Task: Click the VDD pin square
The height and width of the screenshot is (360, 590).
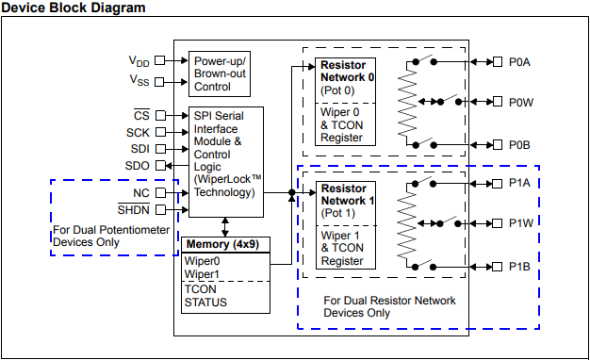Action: click(x=160, y=60)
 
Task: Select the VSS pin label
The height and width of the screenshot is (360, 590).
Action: click(x=139, y=80)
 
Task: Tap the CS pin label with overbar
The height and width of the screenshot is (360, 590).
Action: click(x=141, y=115)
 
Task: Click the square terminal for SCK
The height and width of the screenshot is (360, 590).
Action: click(x=160, y=132)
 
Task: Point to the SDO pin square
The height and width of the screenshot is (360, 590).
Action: click(x=160, y=165)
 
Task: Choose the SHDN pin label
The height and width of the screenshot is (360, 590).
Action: click(x=134, y=209)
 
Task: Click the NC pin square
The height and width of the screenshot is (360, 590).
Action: click(x=160, y=192)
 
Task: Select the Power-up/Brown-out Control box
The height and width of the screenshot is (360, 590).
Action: click(x=220, y=74)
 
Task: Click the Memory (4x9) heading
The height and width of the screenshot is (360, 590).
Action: click(x=222, y=244)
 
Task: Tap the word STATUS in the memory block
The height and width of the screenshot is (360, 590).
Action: click(x=205, y=303)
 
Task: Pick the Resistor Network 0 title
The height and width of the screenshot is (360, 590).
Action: click(x=347, y=71)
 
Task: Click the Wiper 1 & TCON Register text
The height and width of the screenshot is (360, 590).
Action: click(x=342, y=248)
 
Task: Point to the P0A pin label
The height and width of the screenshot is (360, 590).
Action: click(x=519, y=62)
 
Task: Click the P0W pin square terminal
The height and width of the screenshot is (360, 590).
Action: click(x=498, y=102)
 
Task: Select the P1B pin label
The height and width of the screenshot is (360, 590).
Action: click(x=519, y=267)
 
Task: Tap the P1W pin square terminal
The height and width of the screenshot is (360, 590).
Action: click(x=497, y=223)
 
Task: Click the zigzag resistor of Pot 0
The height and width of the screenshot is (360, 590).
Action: click(x=407, y=103)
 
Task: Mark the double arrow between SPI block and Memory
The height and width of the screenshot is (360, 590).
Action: click(x=225, y=227)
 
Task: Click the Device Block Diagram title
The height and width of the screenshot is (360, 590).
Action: click(x=74, y=8)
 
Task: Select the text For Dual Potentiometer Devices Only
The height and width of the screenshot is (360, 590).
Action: click(x=111, y=236)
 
